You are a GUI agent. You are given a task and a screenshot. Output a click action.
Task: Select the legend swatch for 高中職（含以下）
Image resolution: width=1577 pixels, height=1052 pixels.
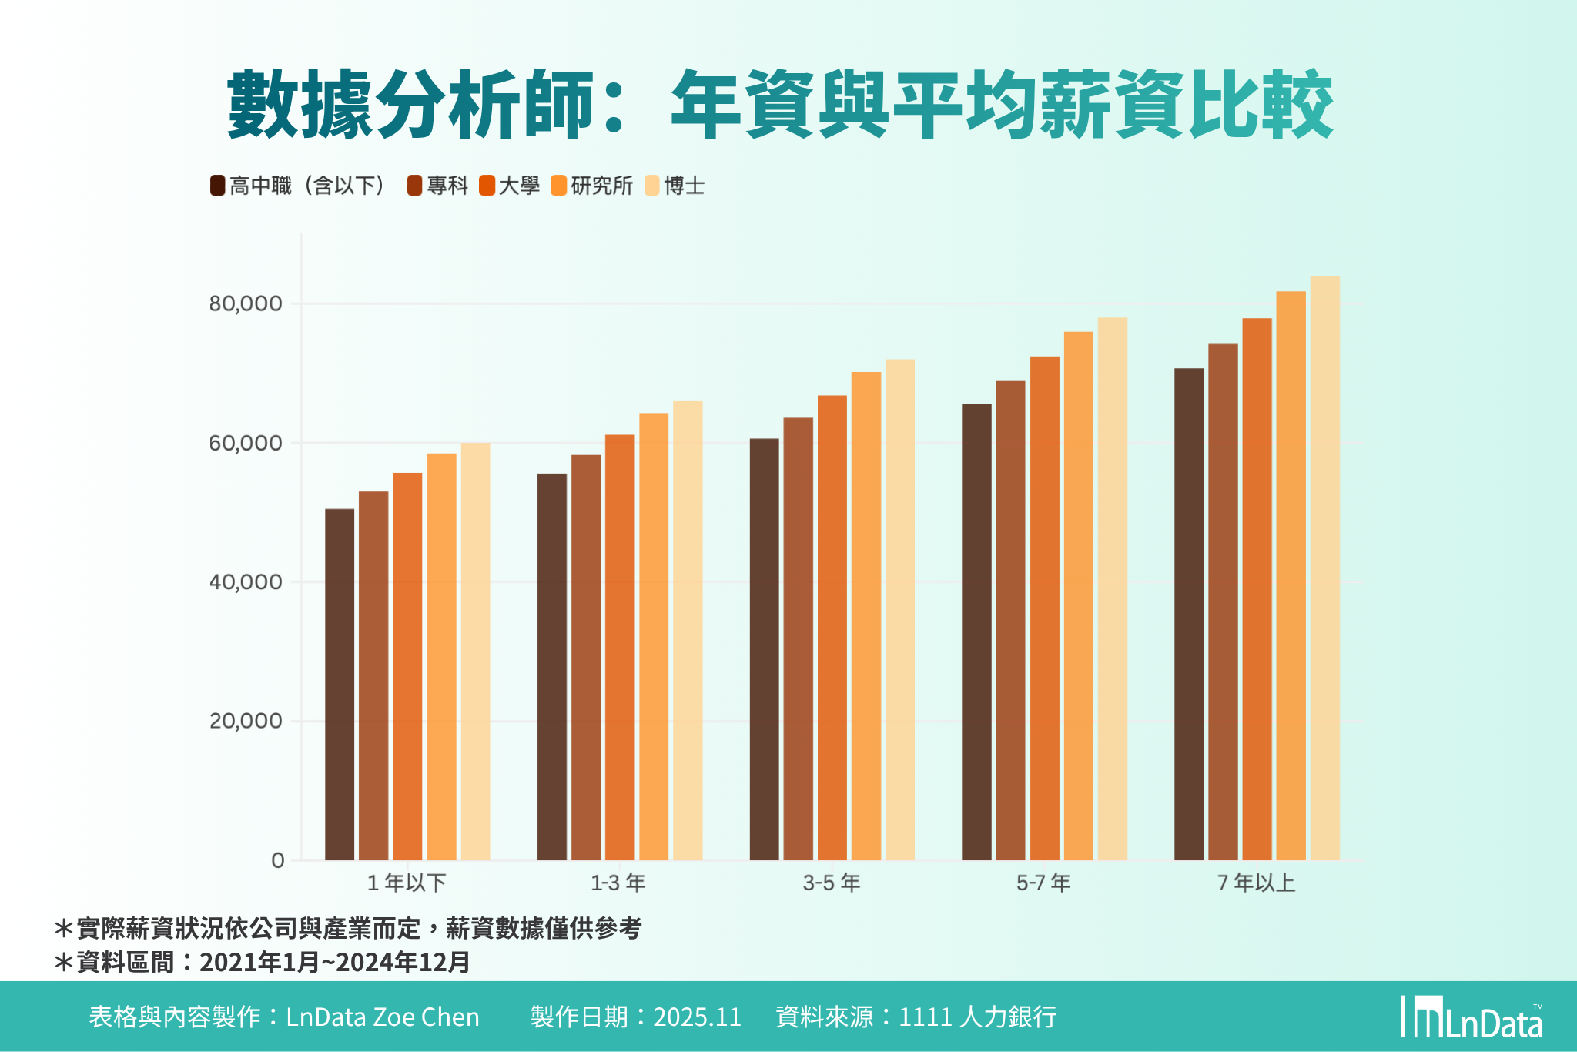(217, 186)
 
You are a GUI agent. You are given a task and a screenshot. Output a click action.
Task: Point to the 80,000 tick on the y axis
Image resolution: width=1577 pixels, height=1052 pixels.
(245, 303)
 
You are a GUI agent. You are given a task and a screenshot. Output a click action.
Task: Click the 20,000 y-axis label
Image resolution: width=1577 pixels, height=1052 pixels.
(245, 722)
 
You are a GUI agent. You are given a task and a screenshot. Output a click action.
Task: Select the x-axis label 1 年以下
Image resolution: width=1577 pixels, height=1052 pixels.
(407, 883)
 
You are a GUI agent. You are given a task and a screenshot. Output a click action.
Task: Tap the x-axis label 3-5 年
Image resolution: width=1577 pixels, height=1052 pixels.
(832, 883)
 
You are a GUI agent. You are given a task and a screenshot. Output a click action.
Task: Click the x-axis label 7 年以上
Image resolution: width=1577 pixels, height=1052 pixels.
(1257, 883)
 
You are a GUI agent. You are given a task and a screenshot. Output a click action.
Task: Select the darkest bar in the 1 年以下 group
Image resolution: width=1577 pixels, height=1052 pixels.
(340, 685)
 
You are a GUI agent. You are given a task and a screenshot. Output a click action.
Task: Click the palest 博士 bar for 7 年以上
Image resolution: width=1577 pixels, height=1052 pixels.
(1324, 570)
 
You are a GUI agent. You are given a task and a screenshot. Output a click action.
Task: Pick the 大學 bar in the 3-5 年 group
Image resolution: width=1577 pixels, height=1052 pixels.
(832, 628)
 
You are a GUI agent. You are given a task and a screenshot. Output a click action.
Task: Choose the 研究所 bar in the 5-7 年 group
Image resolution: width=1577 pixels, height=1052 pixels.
(1078, 597)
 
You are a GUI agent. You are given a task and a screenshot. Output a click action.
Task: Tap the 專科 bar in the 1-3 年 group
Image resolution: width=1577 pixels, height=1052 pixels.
(586, 658)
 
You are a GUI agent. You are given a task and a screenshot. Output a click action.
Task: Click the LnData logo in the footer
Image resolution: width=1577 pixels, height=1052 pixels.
(1472, 1018)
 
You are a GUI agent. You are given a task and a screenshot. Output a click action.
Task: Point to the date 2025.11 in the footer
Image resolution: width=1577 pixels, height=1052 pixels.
(697, 1017)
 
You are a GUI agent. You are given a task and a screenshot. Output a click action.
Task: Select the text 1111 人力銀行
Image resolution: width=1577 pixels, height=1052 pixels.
(977, 1017)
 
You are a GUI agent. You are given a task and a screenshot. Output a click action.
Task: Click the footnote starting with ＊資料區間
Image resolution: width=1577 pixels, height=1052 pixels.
(262, 963)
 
